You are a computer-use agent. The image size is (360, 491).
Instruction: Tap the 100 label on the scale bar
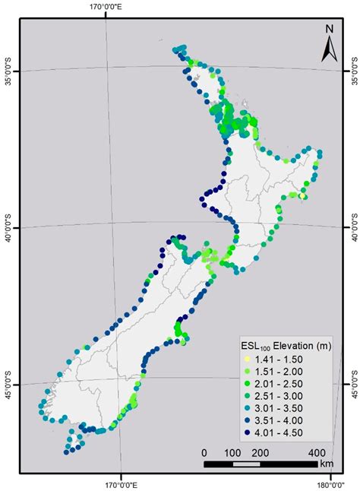232,452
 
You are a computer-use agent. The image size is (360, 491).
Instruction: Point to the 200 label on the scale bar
261,452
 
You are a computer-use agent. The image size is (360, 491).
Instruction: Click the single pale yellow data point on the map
302,196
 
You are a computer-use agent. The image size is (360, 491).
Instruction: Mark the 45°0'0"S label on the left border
8,388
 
